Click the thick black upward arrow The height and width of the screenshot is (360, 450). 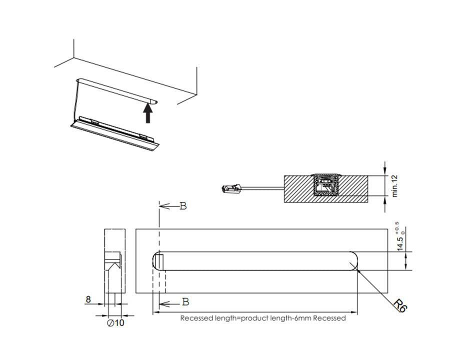(147, 113)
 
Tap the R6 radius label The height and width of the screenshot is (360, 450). (400, 305)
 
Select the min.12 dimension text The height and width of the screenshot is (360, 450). (395, 186)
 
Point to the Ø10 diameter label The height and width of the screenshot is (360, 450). (115, 323)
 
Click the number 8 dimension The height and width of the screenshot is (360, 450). (88, 299)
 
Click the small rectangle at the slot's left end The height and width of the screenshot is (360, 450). (158, 260)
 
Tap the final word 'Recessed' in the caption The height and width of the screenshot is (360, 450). (329, 318)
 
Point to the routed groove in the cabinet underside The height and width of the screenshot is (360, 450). (117, 89)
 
